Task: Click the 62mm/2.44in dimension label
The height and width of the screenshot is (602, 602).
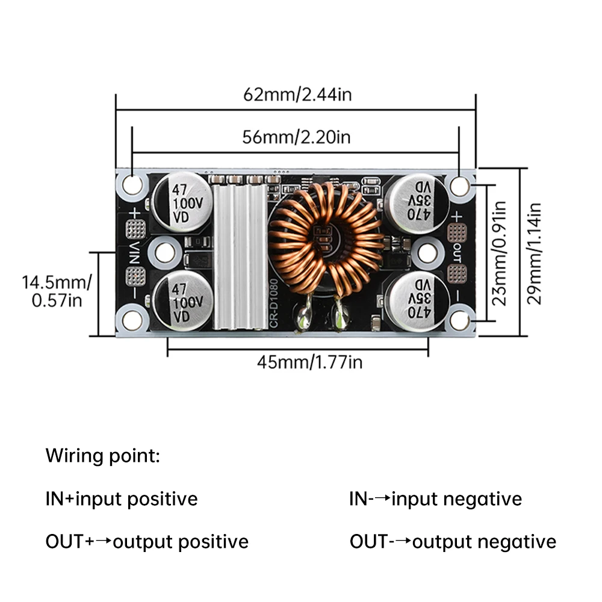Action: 297,95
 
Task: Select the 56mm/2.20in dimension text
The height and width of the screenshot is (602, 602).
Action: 296,137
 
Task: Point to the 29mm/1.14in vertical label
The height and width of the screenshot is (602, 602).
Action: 535,253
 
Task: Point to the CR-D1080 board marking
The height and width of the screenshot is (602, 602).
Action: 273,304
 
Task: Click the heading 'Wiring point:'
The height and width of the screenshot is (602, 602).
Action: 103,456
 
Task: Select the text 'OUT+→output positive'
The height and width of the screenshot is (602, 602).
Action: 147,542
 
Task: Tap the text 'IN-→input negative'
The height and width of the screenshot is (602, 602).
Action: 435,499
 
